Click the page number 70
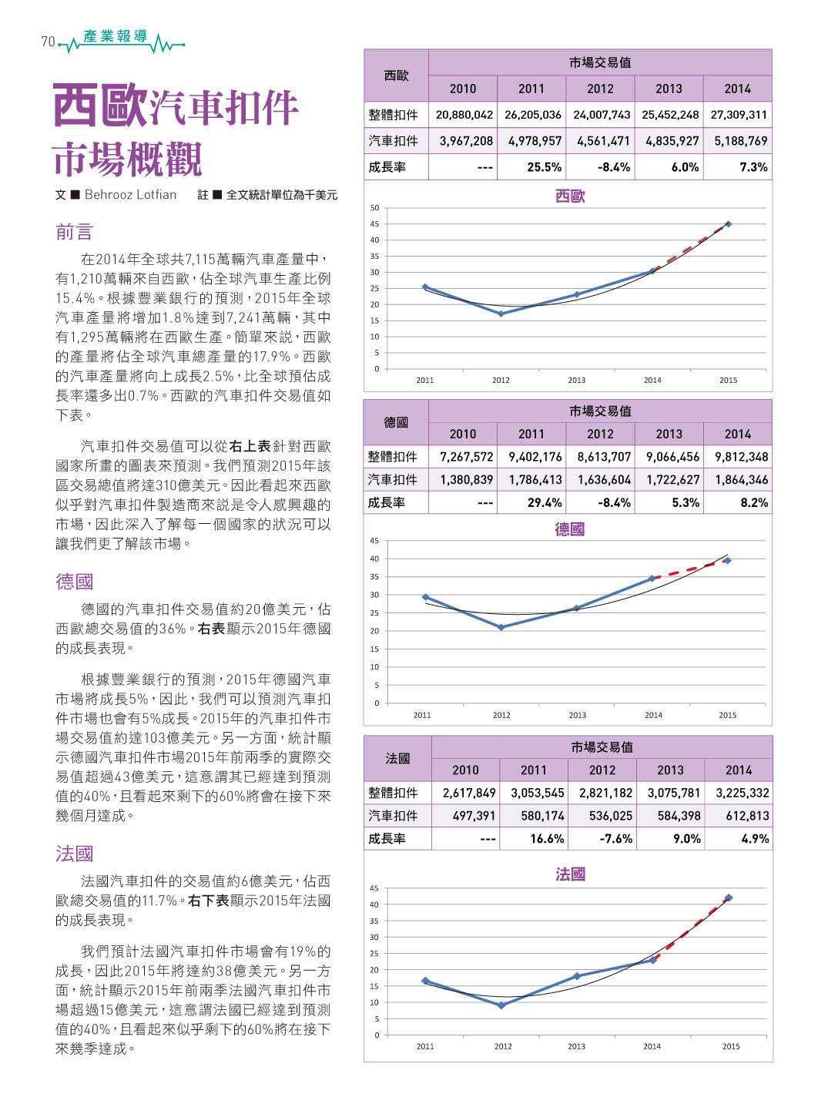click(48, 42)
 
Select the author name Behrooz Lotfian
click(131, 195)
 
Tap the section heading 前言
click(75, 232)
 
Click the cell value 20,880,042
click(464, 115)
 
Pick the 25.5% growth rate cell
click(544, 167)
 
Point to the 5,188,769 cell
click(740, 141)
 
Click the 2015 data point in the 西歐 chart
click(728, 224)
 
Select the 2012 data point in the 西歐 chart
click(501, 314)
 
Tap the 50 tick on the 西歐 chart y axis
click(374, 208)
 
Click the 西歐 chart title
click(570, 196)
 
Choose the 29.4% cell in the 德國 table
click(545, 502)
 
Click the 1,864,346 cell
click(742, 480)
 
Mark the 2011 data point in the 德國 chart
click(425, 597)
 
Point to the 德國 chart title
click(570, 529)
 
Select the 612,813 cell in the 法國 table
click(747, 816)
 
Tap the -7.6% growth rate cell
click(616, 838)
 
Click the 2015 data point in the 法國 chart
click(729, 898)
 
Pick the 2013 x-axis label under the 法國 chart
click(577, 1046)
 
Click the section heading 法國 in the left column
click(75, 854)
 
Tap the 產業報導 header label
click(116, 36)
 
